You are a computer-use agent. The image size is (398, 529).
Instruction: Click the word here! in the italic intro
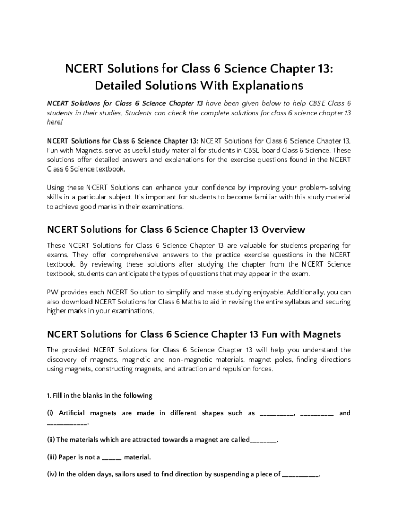coord(54,122)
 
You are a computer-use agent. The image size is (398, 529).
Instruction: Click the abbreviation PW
coord(52,292)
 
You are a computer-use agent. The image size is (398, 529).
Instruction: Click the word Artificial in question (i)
coord(72,413)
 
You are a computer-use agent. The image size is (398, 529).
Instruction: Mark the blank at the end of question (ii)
coord(264,440)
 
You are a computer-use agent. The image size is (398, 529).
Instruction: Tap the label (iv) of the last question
coord(52,474)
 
